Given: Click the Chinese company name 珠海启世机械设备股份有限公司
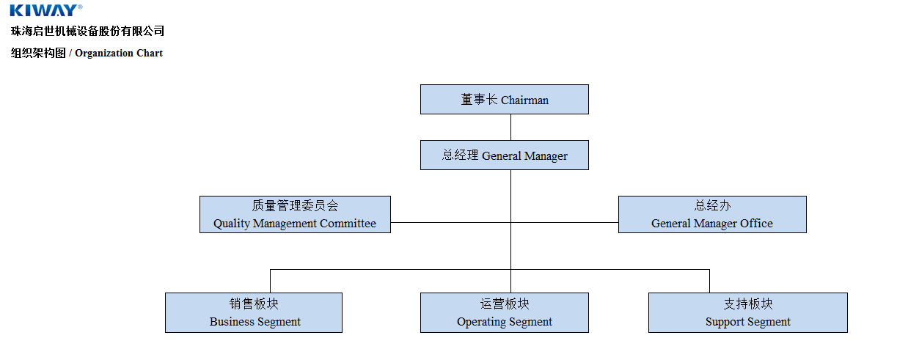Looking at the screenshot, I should point(87,31).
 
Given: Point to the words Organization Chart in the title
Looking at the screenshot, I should point(119,53).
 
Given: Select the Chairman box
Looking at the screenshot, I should point(504,99).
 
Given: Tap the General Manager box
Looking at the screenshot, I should point(504,155).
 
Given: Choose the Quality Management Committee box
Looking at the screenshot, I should point(295,214).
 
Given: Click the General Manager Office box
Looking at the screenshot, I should point(711,214).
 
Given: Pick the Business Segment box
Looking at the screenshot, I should point(253,312).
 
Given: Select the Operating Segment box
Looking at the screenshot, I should point(504,312).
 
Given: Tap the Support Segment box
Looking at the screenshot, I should point(747,312).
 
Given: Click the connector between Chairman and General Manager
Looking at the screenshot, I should point(510,127).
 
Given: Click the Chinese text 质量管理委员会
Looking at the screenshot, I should point(295,206).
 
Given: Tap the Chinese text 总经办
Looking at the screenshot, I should point(712,206).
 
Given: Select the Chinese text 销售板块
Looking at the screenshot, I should point(254,304).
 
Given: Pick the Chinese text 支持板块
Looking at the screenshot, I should point(748,304).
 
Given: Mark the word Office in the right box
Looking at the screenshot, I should point(756,224).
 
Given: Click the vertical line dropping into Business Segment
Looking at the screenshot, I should point(270,281).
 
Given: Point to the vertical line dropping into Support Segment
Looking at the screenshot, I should point(709,281).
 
